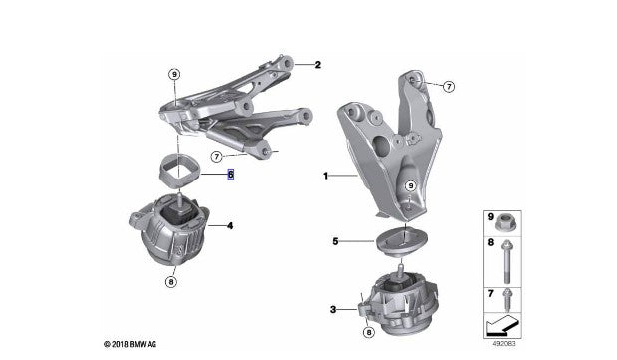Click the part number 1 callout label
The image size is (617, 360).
click(x=324, y=176)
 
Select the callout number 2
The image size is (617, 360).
click(x=317, y=66)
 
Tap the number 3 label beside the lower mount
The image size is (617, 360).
click(x=332, y=310)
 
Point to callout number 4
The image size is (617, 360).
click(x=230, y=226)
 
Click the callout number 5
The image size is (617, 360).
click(x=336, y=241)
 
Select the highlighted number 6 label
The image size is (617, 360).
click(x=230, y=174)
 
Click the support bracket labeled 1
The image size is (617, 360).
click(x=384, y=150)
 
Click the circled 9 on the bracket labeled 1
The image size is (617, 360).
click(x=409, y=185)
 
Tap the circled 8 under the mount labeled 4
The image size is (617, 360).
click(x=171, y=282)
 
